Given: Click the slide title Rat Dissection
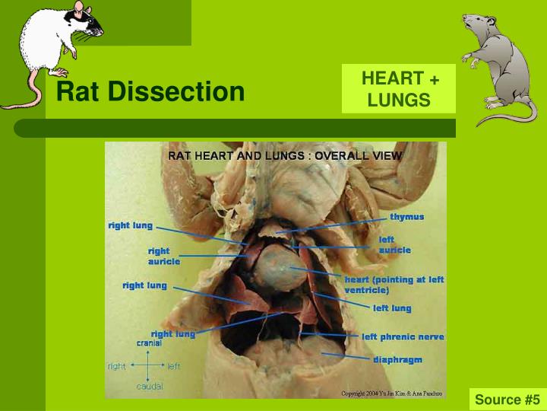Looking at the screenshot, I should pyautogui.click(x=150, y=92).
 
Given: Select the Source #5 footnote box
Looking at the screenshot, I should pyautogui.click(x=507, y=400).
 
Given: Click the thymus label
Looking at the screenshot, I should pyautogui.click(x=406, y=217).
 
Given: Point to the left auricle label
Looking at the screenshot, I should pyautogui.click(x=394, y=244).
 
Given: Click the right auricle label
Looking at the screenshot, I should pyautogui.click(x=163, y=256).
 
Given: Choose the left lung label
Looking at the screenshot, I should pyautogui.click(x=392, y=308).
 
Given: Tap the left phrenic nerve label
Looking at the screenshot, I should pyautogui.click(x=403, y=336).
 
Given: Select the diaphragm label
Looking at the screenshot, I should pyautogui.click(x=397, y=358).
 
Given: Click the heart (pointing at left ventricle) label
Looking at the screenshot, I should pyautogui.click(x=394, y=285).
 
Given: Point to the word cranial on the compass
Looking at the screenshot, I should pyautogui.click(x=148, y=343).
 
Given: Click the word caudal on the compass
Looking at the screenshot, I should pyautogui.click(x=150, y=387).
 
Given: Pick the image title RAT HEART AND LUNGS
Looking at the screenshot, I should pyautogui.click(x=285, y=155).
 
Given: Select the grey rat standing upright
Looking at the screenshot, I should pyautogui.click(x=497, y=68).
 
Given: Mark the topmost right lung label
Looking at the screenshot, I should pyautogui.click(x=130, y=226).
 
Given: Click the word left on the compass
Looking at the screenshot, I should pyautogui.click(x=174, y=366).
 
